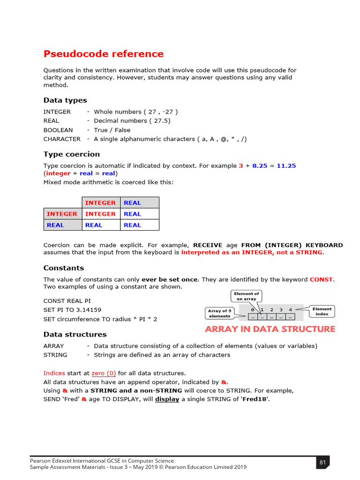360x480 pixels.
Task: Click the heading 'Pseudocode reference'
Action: [104, 54]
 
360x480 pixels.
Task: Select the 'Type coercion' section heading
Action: [71, 154]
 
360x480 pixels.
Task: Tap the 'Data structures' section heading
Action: [75, 334]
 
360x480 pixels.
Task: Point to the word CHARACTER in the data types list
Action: [62, 139]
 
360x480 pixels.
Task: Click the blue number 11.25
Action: [286, 165]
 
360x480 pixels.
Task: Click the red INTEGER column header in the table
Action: [100, 202]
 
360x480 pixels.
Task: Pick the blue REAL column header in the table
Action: [132, 202]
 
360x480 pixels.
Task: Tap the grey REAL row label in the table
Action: [55, 225]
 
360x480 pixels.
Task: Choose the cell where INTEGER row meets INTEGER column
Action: [100, 214]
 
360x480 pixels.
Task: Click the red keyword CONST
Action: [321, 279]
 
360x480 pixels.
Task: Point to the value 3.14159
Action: [86, 310]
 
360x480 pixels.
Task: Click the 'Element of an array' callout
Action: [247, 296]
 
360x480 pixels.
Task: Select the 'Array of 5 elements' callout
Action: [219, 313]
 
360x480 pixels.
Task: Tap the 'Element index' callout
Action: [322, 311]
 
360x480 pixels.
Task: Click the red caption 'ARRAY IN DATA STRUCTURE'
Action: [270, 329]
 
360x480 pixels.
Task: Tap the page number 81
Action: [322, 463]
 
